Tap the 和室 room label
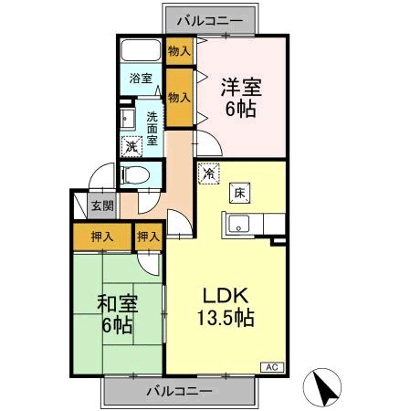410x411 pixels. tap(116, 302)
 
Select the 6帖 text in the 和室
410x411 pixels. tap(116, 324)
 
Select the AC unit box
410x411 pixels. tap(271, 365)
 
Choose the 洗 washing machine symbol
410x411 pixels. tap(131, 146)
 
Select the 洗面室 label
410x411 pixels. tap(152, 129)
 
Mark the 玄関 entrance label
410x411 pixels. tap(101, 205)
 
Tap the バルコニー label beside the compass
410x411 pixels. tap(180, 391)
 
